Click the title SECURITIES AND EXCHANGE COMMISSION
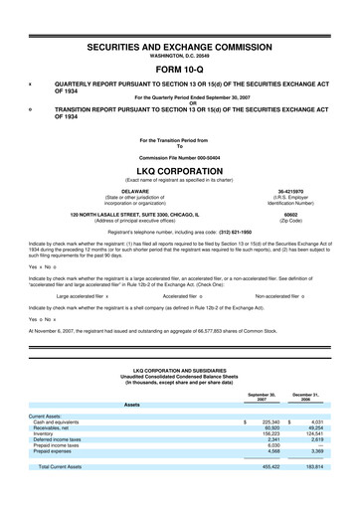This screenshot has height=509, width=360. point(180,46)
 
